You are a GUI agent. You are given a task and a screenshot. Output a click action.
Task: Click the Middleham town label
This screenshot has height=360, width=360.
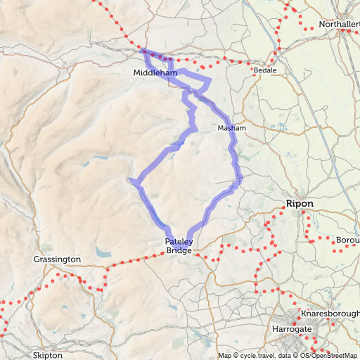153,72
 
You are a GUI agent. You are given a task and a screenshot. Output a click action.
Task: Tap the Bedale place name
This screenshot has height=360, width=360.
264,71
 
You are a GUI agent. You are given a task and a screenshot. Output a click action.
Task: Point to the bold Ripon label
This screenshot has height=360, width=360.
300,203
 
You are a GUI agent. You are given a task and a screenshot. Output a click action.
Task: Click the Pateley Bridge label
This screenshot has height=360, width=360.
179,245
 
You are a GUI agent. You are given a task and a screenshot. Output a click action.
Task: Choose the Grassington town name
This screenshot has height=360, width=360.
57,259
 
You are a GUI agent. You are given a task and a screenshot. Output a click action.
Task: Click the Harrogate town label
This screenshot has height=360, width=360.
292,328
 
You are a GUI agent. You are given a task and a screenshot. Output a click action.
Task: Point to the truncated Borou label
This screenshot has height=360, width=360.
348,240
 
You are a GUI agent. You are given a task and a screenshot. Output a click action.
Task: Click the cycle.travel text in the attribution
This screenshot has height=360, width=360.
257,356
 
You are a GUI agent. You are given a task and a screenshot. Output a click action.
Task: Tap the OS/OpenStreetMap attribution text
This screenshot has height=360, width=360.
332,356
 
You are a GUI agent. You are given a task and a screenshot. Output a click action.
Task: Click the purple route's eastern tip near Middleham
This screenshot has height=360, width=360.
210,82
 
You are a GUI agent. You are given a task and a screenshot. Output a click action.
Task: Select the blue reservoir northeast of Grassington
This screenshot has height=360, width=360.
103,252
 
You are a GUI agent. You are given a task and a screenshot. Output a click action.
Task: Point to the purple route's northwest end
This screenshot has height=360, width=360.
143,51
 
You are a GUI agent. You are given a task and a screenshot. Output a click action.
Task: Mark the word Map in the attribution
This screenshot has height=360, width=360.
225,356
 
